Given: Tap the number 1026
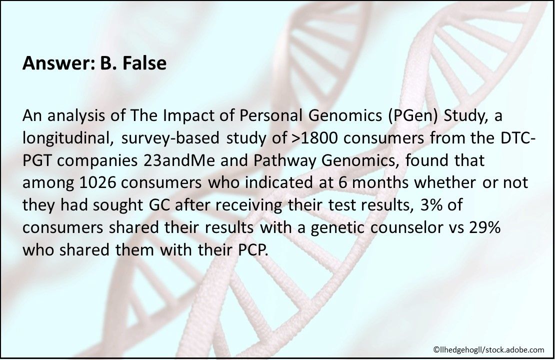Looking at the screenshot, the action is point(97,183).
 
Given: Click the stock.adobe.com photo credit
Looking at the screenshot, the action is point(489,349).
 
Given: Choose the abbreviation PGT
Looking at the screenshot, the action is point(36,160).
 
